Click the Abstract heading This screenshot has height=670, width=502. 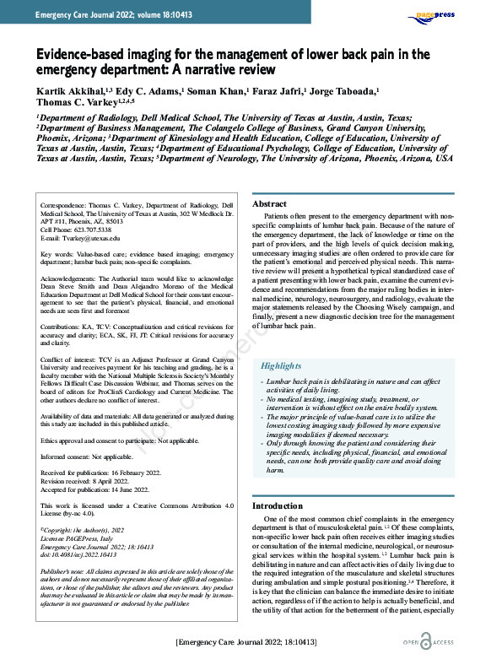[x=271, y=204]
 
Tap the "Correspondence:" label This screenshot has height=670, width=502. [x=68, y=204]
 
